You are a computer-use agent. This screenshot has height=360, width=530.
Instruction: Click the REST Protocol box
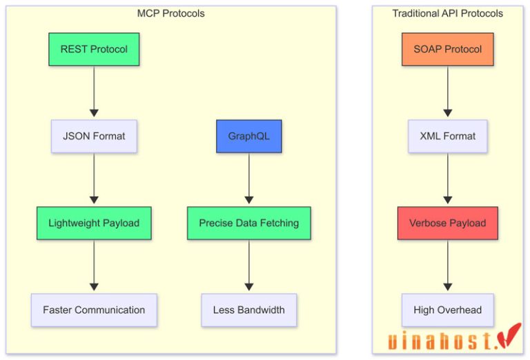coord(94,50)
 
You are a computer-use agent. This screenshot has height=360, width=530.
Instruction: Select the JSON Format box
coord(94,136)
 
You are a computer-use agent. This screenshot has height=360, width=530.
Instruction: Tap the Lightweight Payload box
coord(94,223)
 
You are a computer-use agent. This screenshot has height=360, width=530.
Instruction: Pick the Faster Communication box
coord(94,310)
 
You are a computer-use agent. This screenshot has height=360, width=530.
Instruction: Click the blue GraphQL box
coord(248,136)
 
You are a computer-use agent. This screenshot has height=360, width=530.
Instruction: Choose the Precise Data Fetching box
coord(248,223)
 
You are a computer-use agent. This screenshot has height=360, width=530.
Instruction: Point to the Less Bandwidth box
coord(248,310)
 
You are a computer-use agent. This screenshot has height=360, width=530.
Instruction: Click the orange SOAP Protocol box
coord(447,50)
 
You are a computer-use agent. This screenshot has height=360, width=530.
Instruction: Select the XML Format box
coord(447,136)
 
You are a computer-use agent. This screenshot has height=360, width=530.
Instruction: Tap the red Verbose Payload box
coord(447,223)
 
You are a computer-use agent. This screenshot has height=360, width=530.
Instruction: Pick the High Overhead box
coord(447,310)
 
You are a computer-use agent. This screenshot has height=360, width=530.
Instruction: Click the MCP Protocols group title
coord(171,14)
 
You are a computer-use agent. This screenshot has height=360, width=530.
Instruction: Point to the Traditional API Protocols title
coord(447,14)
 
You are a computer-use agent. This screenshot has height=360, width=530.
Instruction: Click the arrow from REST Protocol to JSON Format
coord(94,92)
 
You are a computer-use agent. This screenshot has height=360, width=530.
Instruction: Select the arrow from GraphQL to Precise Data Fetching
coord(248,179)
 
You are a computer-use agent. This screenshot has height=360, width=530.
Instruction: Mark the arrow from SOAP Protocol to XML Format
coord(447,92)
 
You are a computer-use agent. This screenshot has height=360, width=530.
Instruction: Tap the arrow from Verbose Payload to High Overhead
coord(447,266)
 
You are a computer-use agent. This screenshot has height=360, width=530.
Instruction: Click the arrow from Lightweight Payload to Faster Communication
coord(94,266)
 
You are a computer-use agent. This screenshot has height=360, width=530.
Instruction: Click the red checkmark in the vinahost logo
coord(510,335)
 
